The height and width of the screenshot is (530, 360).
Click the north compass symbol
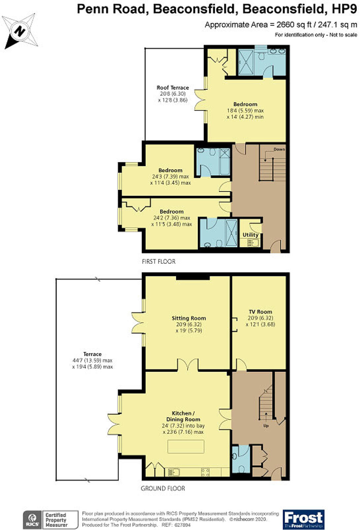pyautogui.click(x=20, y=31)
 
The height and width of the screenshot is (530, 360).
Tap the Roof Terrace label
pyautogui.click(x=172, y=88)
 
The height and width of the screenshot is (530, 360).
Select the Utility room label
pyautogui.click(x=250, y=235)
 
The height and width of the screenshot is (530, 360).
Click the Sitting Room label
pyautogui.click(x=189, y=318)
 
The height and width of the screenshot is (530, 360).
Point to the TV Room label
pyautogui.click(x=260, y=311)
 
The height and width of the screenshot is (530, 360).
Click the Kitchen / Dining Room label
pyautogui.click(x=183, y=416)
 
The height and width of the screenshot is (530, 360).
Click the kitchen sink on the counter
pyautogui.click(x=173, y=472)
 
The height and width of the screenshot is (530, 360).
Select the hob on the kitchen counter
pyautogui.click(x=205, y=472)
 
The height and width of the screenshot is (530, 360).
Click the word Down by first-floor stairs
pyautogui.click(x=279, y=149)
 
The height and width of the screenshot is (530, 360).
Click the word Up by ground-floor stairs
pyautogui.click(x=266, y=426)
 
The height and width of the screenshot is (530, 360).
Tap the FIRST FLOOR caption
pyautogui.click(x=159, y=261)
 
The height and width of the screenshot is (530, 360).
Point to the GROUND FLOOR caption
pyautogui.click(x=163, y=488)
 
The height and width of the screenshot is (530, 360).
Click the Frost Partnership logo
pyautogui.click(x=304, y=519)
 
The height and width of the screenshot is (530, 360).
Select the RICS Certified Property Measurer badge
pyautogui.click(x=50, y=520)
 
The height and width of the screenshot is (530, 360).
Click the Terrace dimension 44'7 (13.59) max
pyautogui.click(x=92, y=360)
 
